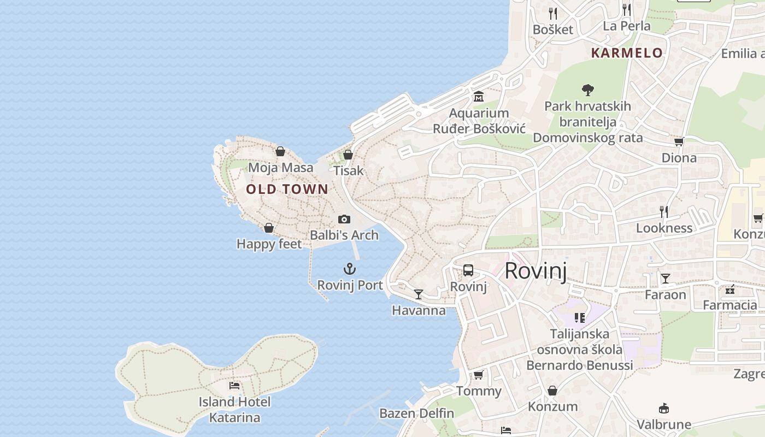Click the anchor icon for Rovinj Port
tap(349, 269)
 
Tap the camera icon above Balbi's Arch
tap(344, 219)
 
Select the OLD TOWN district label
tap(287, 190)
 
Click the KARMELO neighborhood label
tap(627, 53)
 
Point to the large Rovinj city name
tap(535, 271)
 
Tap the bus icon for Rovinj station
tap(468, 270)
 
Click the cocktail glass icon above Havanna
tap(419, 294)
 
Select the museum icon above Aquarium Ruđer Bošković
tap(479, 97)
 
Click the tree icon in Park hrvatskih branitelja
tap(588, 90)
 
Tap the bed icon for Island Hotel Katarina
tap(234, 386)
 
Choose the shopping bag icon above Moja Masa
tap(280, 151)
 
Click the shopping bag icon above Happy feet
tap(269, 228)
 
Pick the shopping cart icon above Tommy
tap(479, 375)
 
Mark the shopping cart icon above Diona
tap(679, 142)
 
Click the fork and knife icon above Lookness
tap(664, 211)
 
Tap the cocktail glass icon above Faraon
tap(666, 279)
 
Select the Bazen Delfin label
tap(416, 414)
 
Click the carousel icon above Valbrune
tap(664, 408)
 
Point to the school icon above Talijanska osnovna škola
tap(580, 317)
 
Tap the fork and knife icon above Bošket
tap(553, 13)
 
